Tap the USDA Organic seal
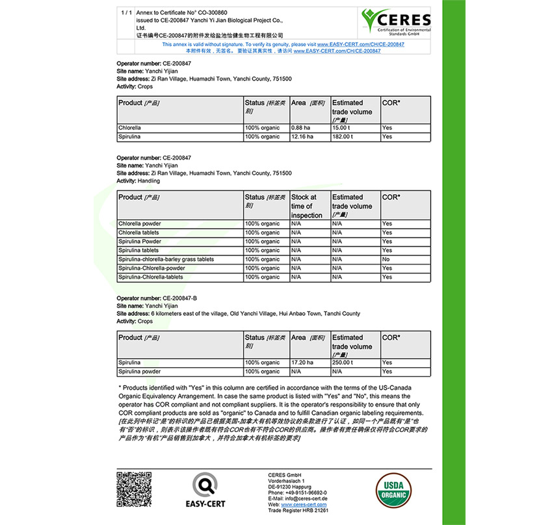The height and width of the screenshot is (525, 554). click(395, 491)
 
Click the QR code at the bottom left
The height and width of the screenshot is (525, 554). click(133, 490)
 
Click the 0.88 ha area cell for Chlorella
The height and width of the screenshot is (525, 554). click(309, 128)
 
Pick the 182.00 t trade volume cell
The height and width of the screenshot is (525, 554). click(355, 137)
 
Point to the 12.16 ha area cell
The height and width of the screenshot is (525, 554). click(309, 137)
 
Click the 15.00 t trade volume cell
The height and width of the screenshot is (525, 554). click(355, 128)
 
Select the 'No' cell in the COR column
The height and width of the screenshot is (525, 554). click(405, 259)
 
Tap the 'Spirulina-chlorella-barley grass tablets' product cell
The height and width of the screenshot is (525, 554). click(179, 259)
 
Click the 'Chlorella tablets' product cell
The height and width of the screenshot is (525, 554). click(179, 233)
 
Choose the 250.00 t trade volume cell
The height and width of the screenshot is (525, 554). click(355, 363)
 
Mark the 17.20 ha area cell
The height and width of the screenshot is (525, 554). click(309, 363)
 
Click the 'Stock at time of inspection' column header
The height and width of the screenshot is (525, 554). click(309, 206)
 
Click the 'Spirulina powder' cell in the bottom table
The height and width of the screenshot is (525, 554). click(179, 372)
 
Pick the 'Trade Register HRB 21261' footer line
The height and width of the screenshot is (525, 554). click(298, 510)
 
